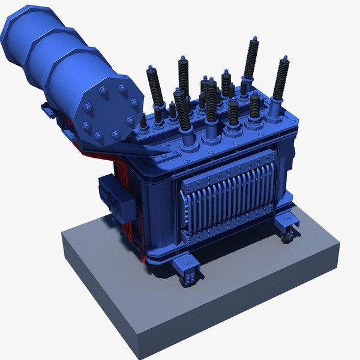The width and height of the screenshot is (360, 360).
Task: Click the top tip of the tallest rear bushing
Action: coord(254,38)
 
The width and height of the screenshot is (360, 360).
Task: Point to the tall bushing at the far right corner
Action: coord(280,78)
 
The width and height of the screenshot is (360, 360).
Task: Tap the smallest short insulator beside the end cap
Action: coord(143,120)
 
